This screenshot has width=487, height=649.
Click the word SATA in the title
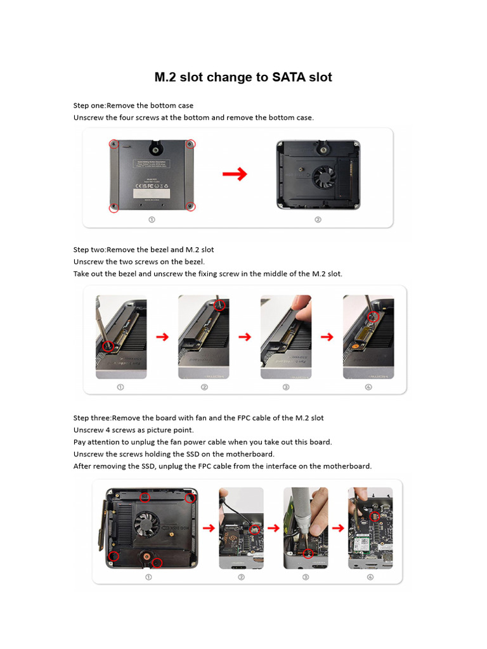(x=289, y=77)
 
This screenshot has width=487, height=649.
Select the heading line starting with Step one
(x=133, y=105)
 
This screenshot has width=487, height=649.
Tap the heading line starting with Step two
(x=143, y=250)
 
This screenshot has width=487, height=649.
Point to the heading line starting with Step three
(x=198, y=418)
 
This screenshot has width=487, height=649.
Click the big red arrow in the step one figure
(x=234, y=175)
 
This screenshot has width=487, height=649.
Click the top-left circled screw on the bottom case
(x=114, y=144)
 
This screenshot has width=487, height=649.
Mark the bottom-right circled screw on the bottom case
(x=190, y=206)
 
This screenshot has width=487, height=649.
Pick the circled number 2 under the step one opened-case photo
(x=318, y=220)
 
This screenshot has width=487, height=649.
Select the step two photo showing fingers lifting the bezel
(x=285, y=337)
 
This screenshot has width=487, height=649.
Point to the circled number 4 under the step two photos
(x=368, y=387)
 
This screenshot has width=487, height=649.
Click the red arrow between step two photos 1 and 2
(x=162, y=337)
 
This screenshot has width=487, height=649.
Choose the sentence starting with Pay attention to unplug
(x=202, y=442)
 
